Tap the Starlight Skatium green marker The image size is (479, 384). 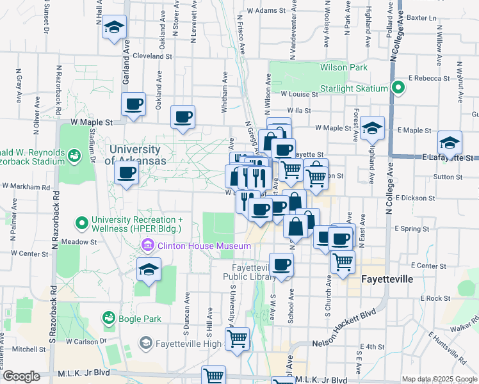[398, 88]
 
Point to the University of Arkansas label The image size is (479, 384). [138, 155]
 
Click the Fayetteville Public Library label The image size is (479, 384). [246, 271]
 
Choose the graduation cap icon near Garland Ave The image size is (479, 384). [115, 28]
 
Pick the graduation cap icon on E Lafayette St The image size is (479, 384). [450, 142]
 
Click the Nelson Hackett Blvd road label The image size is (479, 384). [343, 343]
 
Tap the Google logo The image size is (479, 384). [21, 376]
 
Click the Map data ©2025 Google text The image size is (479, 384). [439, 379]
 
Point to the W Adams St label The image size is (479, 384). [264, 11]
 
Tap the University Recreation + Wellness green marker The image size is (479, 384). [82, 223]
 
